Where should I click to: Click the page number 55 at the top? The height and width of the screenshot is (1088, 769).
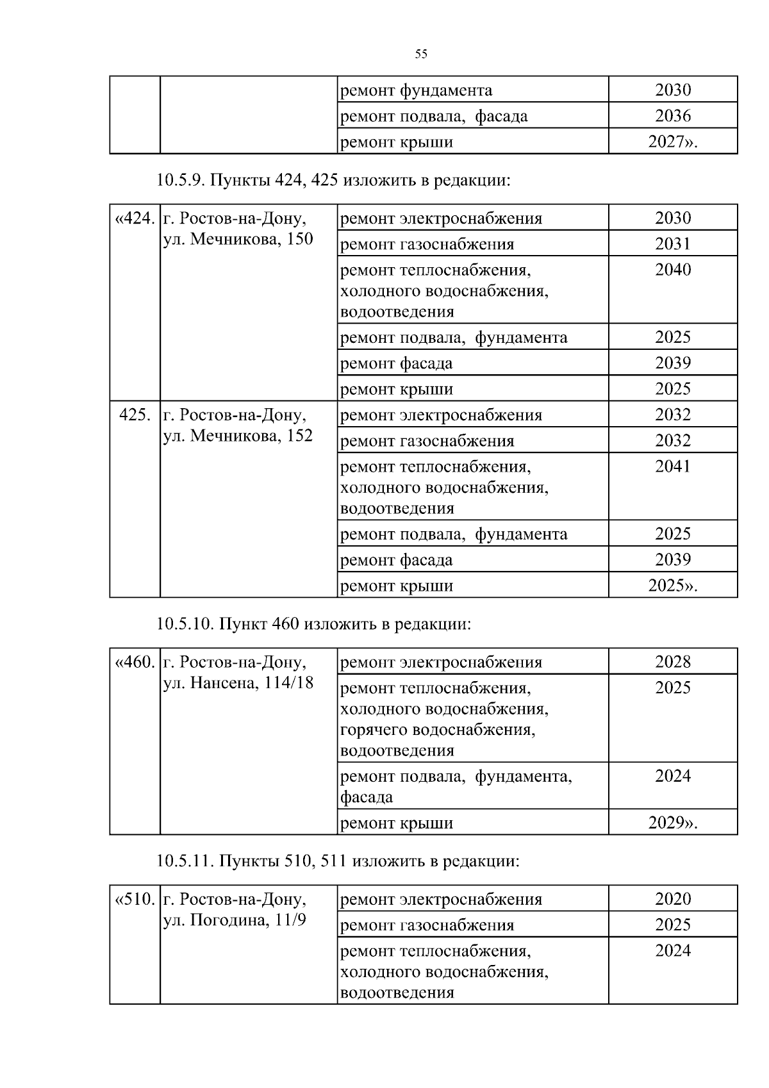pyautogui.click(x=421, y=54)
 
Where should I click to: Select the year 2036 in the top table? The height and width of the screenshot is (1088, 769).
pyautogui.click(x=673, y=116)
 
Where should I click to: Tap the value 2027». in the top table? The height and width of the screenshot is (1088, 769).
pyautogui.click(x=672, y=142)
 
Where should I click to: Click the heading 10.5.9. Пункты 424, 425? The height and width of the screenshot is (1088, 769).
pyautogui.click(x=334, y=181)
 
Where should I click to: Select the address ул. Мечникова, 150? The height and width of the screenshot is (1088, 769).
pyautogui.click(x=238, y=239)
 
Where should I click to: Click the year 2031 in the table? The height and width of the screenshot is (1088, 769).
pyautogui.click(x=673, y=243)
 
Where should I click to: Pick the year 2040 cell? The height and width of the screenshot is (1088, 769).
pyautogui.click(x=673, y=270)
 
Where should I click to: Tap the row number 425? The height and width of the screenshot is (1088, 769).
pyautogui.click(x=135, y=415)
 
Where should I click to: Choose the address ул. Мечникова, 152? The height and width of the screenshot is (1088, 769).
pyautogui.click(x=238, y=436)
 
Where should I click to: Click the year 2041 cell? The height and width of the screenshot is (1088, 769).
pyautogui.click(x=673, y=466)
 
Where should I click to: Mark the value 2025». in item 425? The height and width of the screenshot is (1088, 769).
pyautogui.click(x=672, y=586)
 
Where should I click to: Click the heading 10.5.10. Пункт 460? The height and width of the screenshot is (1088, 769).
pyautogui.click(x=314, y=623)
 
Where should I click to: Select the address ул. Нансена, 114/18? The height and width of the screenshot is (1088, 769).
pyautogui.click(x=238, y=683)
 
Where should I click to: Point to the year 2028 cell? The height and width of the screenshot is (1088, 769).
pyautogui.click(x=673, y=662)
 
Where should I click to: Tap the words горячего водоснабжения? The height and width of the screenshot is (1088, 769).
pyautogui.click(x=438, y=730)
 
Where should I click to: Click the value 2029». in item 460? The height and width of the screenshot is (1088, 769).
pyautogui.click(x=672, y=823)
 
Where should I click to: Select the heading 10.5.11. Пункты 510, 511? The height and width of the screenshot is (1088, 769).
pyautogui.click(x=338, y=861)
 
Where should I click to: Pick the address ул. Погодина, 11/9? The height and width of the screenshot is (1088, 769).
pyautogui.click(x=235, y=920)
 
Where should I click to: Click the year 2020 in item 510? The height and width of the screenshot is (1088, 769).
pyautogui.click(x=673, y=899)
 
